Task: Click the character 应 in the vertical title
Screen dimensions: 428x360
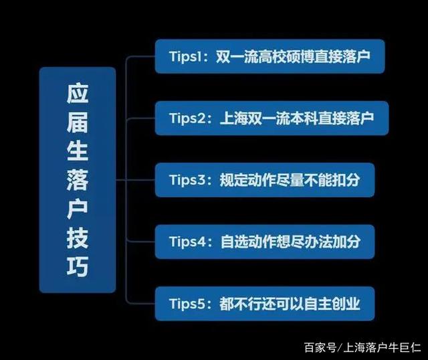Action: click(x=78, y=93)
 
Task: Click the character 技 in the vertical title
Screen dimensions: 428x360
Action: click(x=78, y=238)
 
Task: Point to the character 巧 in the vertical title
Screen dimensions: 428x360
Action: click(x=78, y=266)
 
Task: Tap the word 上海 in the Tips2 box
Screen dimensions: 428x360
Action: click(x=233, y=118)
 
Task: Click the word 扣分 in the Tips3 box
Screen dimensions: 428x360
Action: click(x=346, y=180)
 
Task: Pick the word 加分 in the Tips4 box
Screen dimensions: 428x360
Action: click(x=346, y=242)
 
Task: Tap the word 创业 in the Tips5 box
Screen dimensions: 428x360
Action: click(x=346, y=304)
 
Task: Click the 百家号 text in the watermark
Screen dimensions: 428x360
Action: click(x=320, y=347)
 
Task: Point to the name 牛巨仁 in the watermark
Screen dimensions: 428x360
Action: click(x=405, y=347)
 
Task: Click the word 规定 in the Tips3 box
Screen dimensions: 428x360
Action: click(x=233, y=180)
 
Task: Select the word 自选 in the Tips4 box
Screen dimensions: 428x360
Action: click(x=233, y=242)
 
